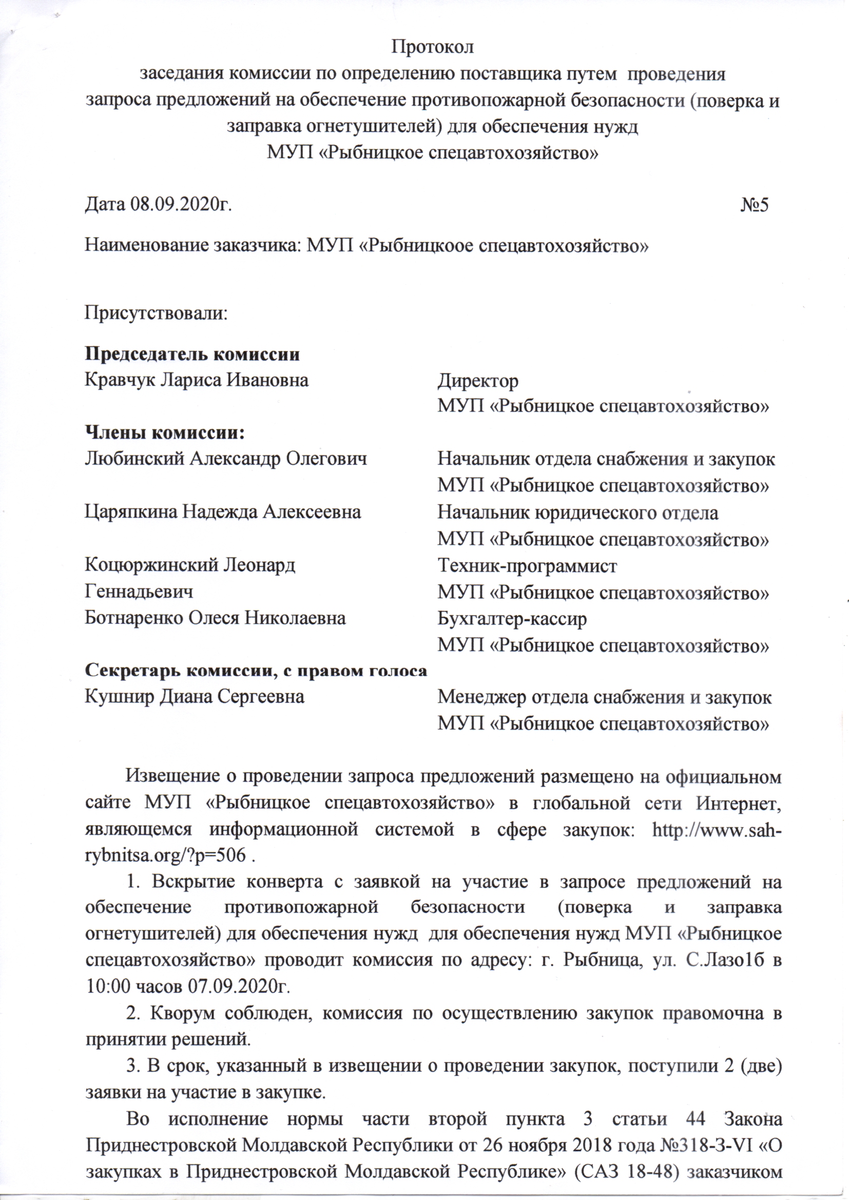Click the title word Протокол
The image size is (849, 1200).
(x=433, y=47)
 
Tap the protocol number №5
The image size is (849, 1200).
(x=754, y=204)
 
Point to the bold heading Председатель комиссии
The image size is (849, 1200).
(x=192, y=355)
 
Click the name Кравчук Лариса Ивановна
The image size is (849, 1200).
(x=197, y=380)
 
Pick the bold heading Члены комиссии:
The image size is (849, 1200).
(x=165, y=433)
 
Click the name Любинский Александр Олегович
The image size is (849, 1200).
(x=226, y=459)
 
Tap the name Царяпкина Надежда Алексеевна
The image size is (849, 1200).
(x=223, y=512)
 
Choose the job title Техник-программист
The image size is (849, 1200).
(x=527, y=565)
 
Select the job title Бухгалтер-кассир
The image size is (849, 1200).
(x=512, y=619)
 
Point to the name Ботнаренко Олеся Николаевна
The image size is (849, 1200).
(x=215, y=618)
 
